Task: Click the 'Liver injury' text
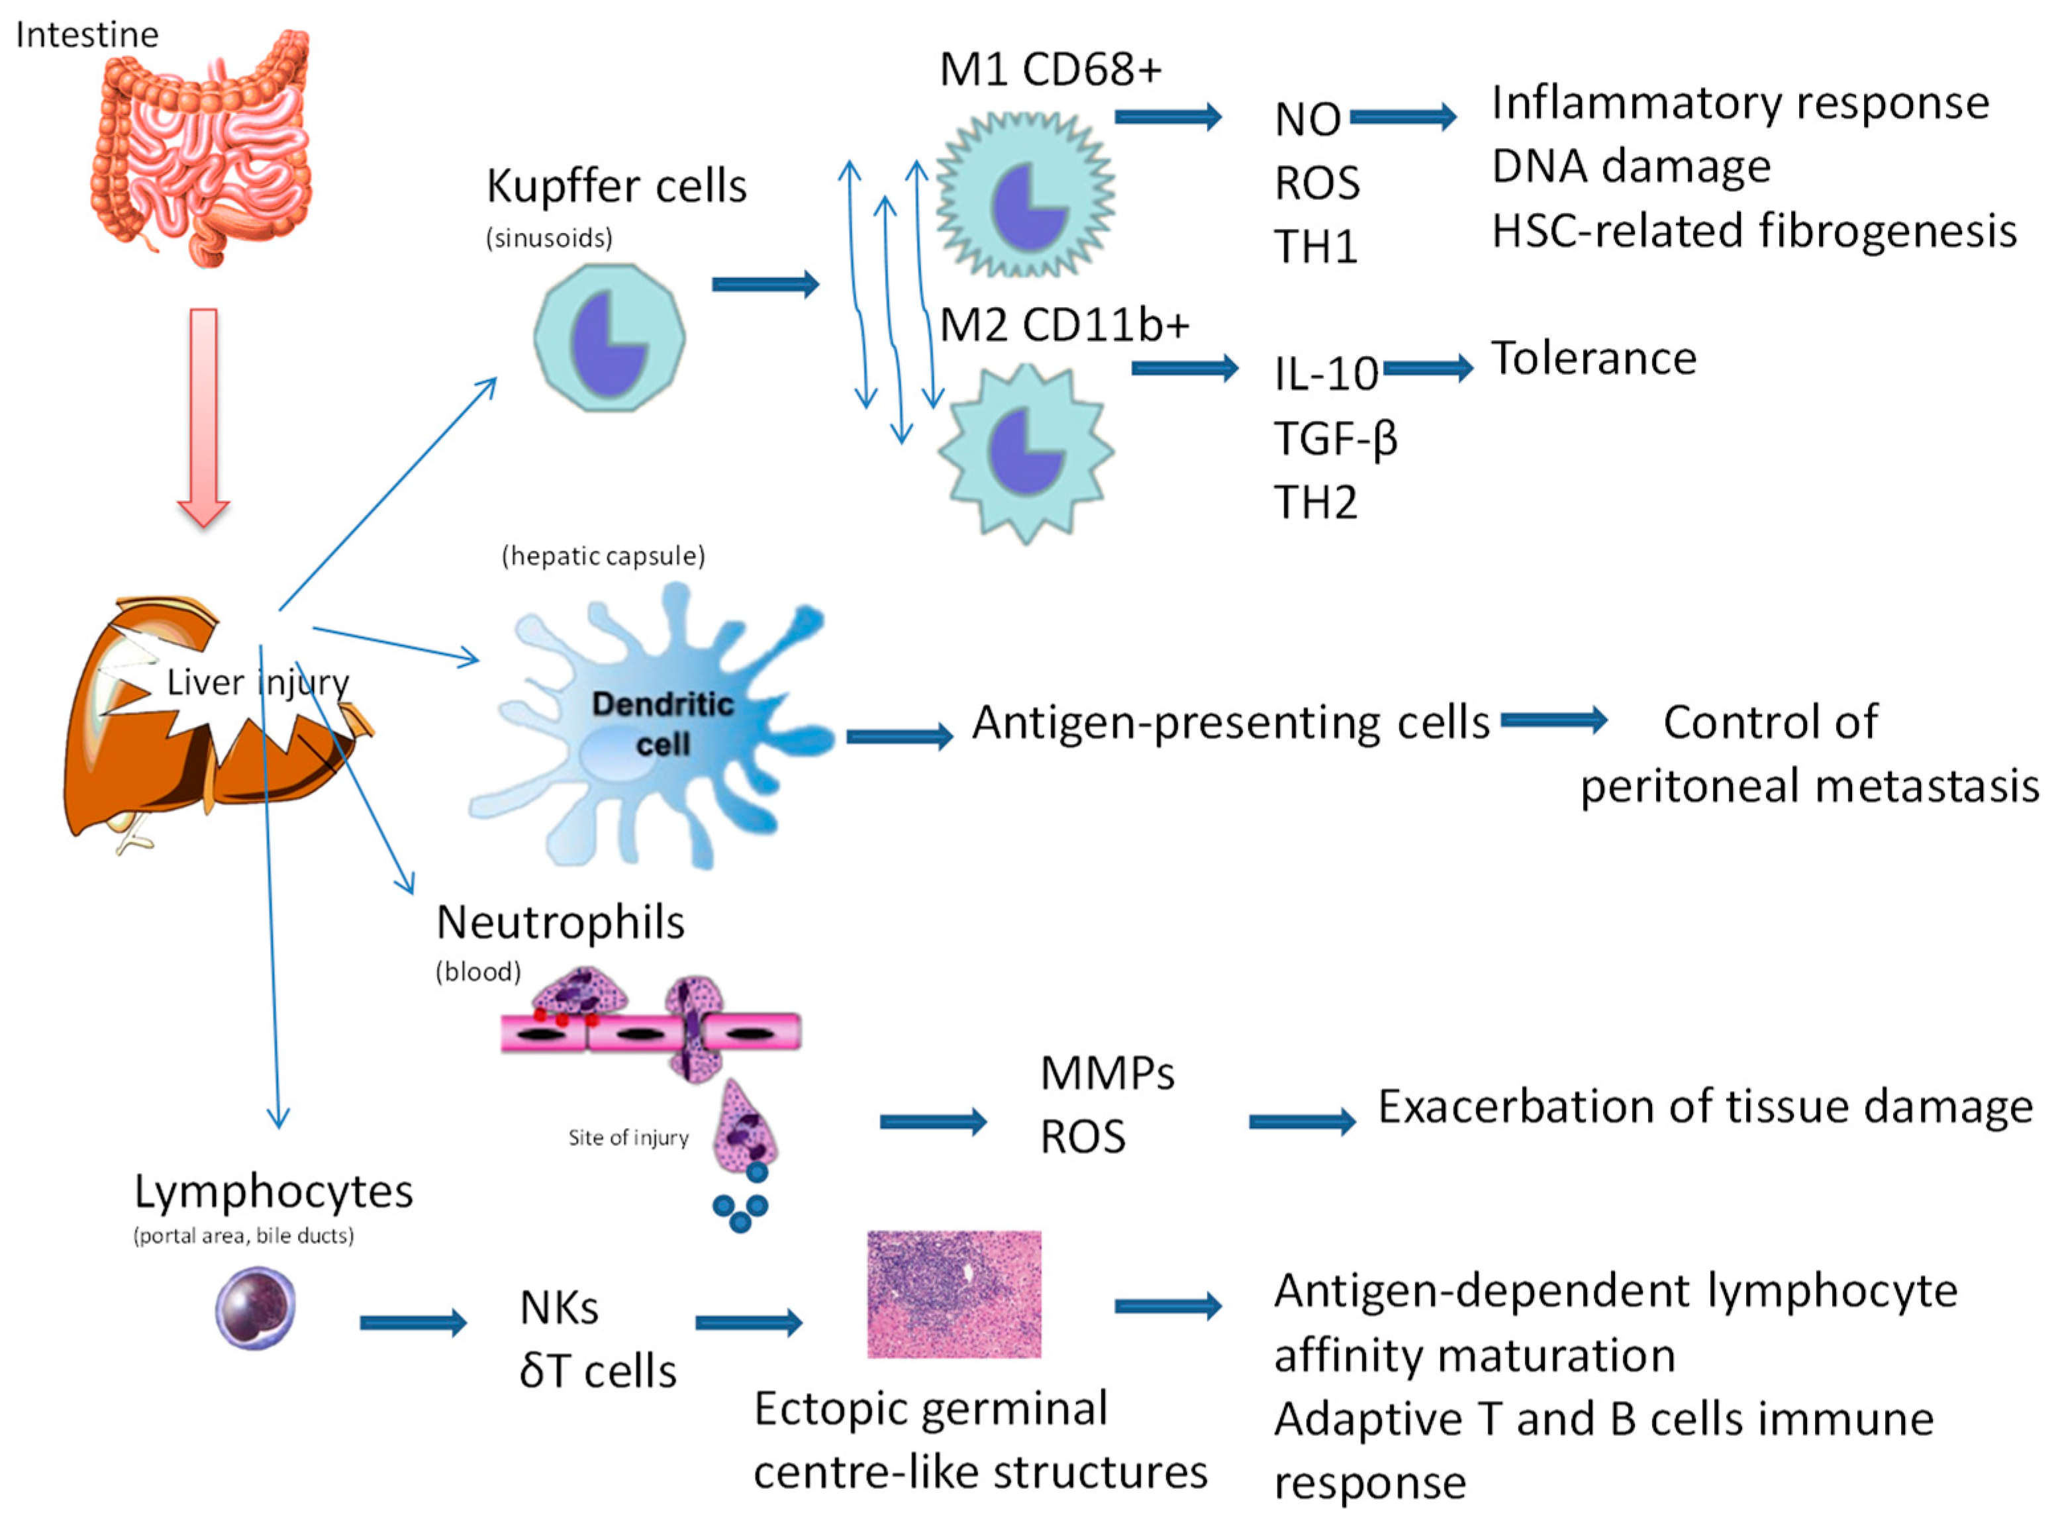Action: coord(258,683)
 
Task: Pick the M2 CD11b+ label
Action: coord(1064,325)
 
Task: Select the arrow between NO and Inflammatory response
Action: coord(1402,117)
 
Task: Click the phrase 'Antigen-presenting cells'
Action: coord(1230,722)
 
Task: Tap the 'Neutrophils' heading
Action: coord(560,922)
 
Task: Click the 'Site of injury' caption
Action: coord(628,1138)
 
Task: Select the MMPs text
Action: coord(1106,1073)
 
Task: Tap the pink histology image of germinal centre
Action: coord(954,1294)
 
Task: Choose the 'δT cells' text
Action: coord(597,1372)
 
